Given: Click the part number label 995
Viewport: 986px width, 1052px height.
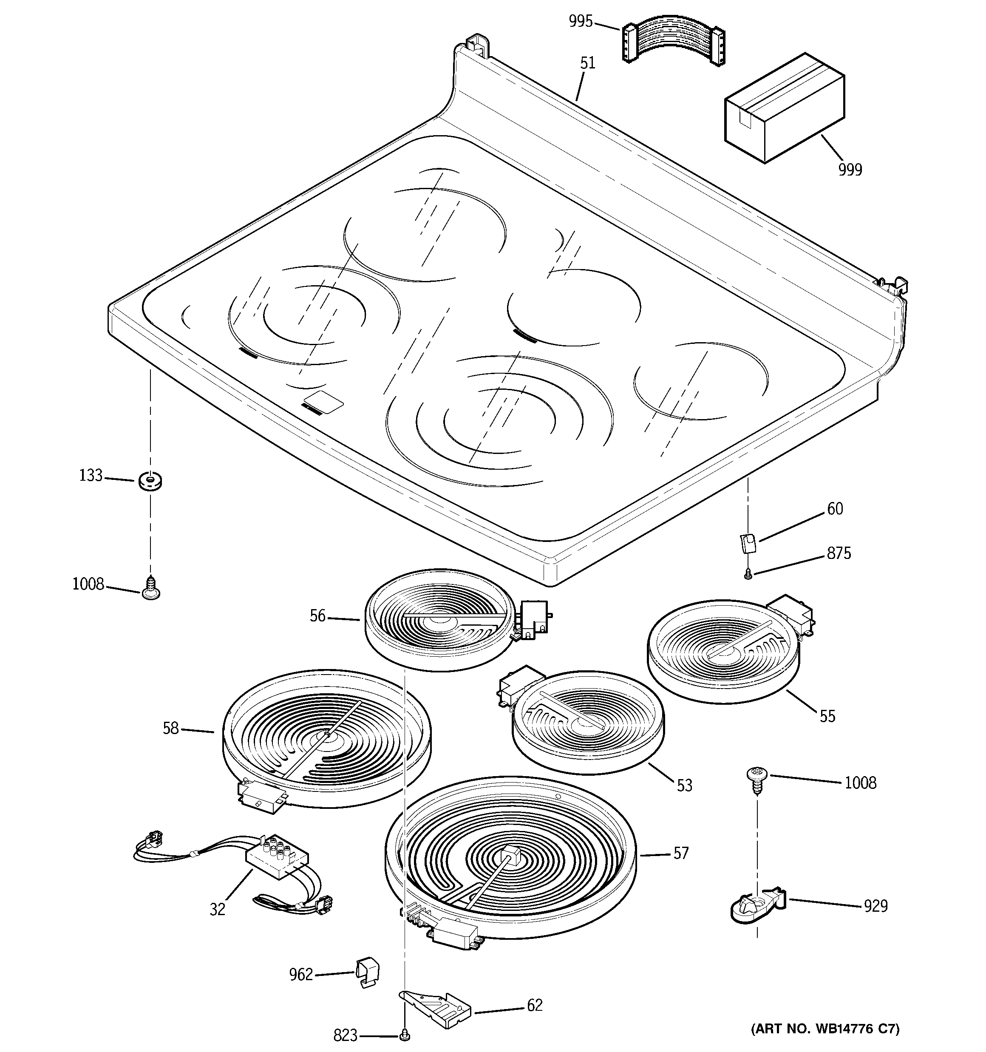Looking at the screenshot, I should (x=580, y=22).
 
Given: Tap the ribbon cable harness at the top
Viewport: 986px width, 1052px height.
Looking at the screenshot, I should (x=673, y=43).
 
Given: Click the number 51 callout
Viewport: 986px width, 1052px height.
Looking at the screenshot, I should (x=587, y=63).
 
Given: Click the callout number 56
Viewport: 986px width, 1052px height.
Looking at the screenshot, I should (x=317, y=616).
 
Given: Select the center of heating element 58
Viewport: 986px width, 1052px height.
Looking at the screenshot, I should (x=326, y=734).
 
